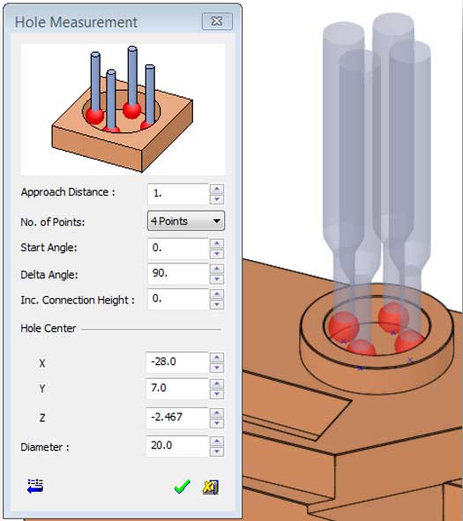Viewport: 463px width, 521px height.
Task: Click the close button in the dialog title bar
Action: (217, 21)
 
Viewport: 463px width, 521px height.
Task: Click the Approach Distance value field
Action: (178, 194)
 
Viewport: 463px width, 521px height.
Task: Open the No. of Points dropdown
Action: (186, 221)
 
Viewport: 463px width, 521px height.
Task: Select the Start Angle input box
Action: (178, 249)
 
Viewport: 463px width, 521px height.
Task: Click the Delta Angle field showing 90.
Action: (178, 274)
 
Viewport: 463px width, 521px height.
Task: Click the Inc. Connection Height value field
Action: (178, 299)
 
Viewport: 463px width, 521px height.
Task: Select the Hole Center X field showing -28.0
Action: (177, 362)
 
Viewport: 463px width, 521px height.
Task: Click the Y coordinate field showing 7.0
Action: (177, 389)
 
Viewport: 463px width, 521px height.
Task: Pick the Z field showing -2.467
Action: (177, 418)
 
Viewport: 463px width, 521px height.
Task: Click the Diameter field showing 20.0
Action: (177, 446)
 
